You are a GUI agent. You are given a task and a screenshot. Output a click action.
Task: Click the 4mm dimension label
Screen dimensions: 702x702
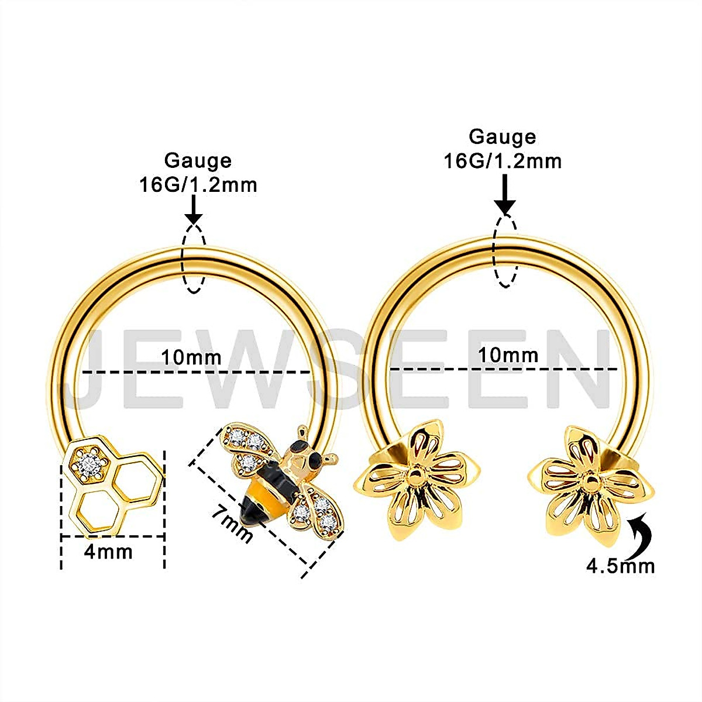[108, 552]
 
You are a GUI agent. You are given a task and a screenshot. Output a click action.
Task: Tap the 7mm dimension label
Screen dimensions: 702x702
[232, 524]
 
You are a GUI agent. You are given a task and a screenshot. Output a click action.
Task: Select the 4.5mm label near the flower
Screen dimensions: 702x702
[620, 566]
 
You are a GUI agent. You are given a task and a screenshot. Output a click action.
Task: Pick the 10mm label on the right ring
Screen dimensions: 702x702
[508, 355]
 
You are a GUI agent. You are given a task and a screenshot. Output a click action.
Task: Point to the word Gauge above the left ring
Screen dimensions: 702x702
[198, 160]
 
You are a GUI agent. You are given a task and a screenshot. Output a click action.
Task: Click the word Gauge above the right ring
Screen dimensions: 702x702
[503, 137]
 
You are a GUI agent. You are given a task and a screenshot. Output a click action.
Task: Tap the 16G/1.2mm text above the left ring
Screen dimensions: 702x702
[198, 185]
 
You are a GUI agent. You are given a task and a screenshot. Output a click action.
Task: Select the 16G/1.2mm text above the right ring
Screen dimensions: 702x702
[503, 160]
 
